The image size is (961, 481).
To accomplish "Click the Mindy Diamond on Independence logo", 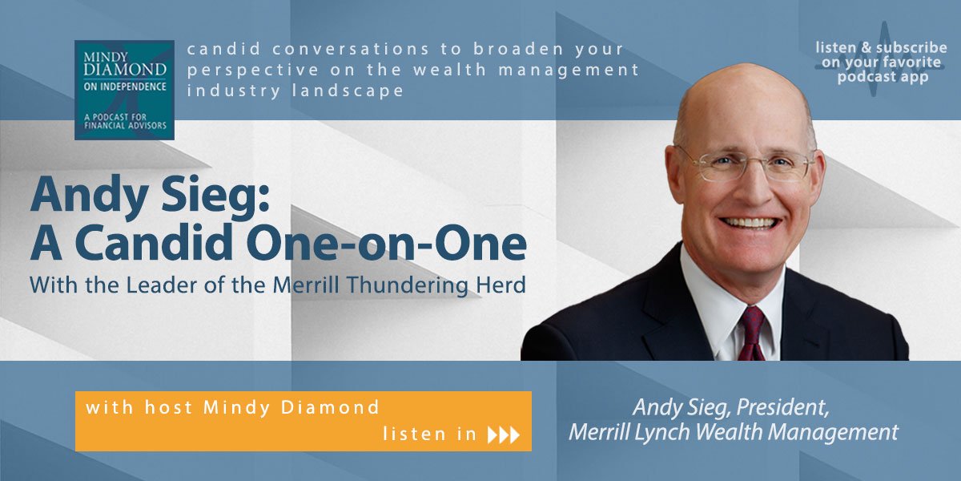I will pos(124,90).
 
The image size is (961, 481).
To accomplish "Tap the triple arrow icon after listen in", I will pos(504,435).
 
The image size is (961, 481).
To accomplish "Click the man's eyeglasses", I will pos(745,163).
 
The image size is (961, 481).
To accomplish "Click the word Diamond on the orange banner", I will pos(331,407).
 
